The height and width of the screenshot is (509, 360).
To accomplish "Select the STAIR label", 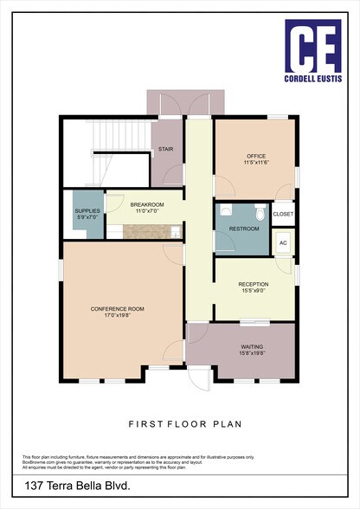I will [x=166, y=149].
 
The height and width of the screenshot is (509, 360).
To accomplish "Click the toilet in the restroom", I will [x=259, y=210].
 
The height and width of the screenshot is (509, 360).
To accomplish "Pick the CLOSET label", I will [x=283, y=213].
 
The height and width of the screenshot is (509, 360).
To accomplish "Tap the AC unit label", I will [x=283, y=242].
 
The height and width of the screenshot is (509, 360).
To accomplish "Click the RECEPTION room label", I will [x=254, y=284].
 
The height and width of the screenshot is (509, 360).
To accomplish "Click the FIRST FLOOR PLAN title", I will [x=179, y=424].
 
